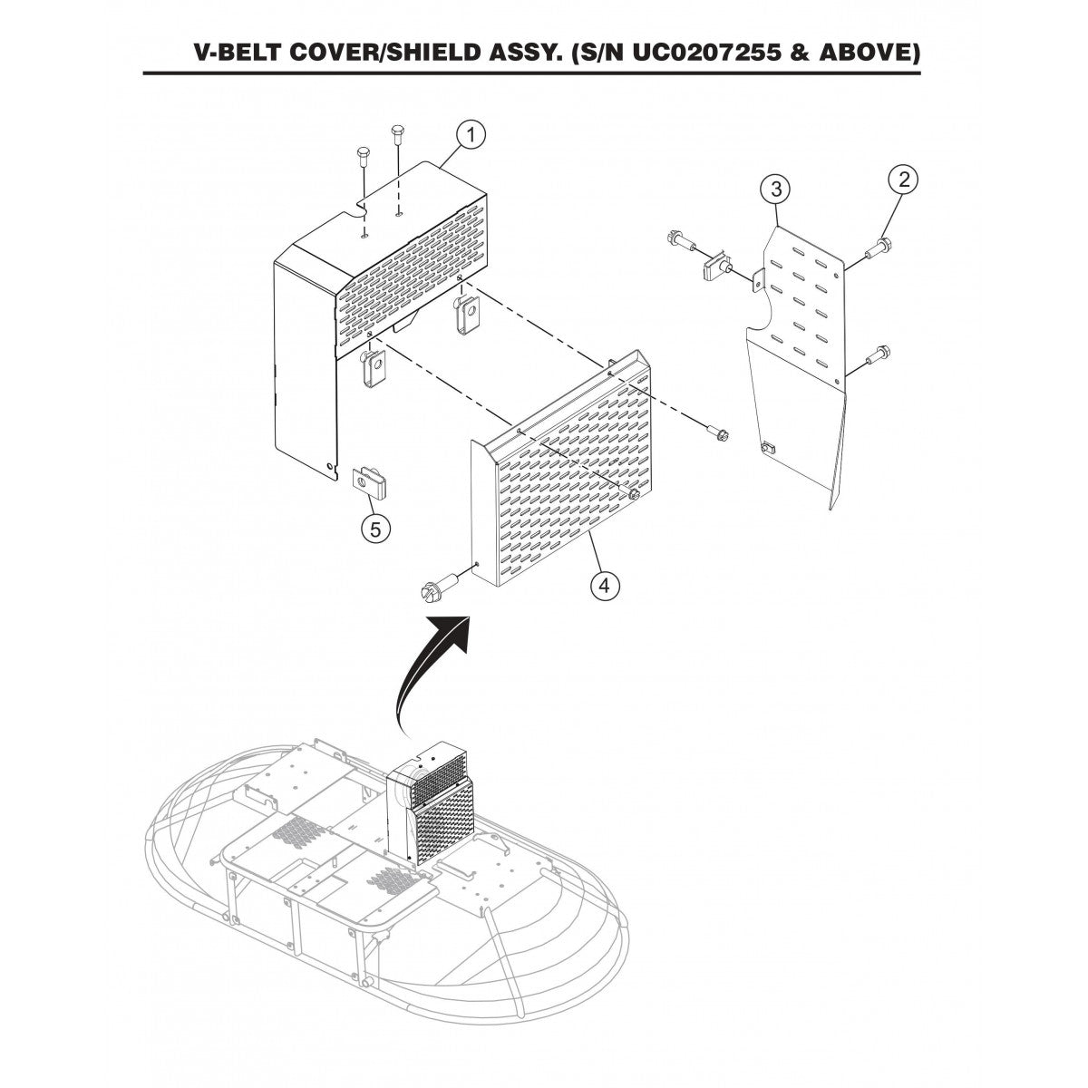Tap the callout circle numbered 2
[x=903, y=180]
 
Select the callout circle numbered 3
[x=776, y=189]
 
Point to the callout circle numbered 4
[x=604, y=586]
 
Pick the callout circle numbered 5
[x=375, y=529]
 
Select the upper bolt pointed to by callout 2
[x=879, y=248]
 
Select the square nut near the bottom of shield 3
[x=767, y=449]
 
